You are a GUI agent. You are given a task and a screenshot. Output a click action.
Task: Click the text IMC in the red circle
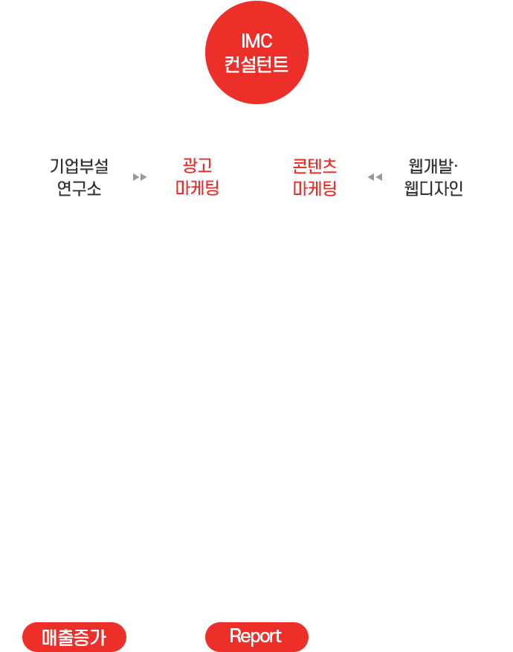[256, 41]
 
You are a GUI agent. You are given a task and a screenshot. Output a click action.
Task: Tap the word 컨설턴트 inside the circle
[256, 65]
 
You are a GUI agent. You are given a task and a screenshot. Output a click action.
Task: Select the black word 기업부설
[79, 166]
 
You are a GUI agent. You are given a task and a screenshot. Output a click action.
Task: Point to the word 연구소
[79, 188]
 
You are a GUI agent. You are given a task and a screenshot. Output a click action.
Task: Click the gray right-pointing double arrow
[140, 177]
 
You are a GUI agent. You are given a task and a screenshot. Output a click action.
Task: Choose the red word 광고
[197, 165]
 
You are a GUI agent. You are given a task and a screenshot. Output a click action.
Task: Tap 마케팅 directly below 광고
[197, 188]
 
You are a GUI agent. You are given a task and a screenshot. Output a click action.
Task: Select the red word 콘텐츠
[314, 166]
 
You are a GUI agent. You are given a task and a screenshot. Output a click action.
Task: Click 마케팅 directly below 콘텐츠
[314, 188]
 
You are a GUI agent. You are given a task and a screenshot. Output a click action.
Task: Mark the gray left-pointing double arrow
[375, 177]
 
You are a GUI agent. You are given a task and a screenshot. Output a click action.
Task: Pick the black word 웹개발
[430, 166]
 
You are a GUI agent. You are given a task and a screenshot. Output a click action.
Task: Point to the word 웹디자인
[433, 188]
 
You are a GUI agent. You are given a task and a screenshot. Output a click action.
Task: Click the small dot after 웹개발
[456, 166]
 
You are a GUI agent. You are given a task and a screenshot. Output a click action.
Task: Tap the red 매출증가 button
[74, 637]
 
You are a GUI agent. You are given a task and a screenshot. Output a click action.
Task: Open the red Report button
[256, 637]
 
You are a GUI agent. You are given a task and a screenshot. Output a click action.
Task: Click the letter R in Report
[236, 636]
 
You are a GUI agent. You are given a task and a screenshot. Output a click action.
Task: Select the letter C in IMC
[266, 41]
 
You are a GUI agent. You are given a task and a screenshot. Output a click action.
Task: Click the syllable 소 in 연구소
[94, 189]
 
